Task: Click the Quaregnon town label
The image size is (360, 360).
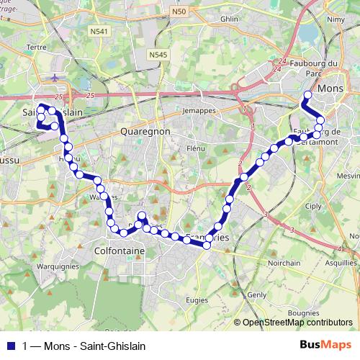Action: click(145, 132)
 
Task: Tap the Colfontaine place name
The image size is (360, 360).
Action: click(120, 251)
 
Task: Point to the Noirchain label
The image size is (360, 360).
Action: click(284, 263)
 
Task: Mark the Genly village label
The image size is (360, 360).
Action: click(257, 295)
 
